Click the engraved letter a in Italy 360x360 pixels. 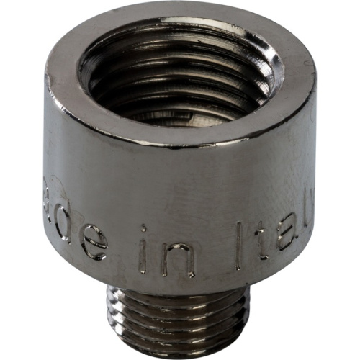pos(284,232)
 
